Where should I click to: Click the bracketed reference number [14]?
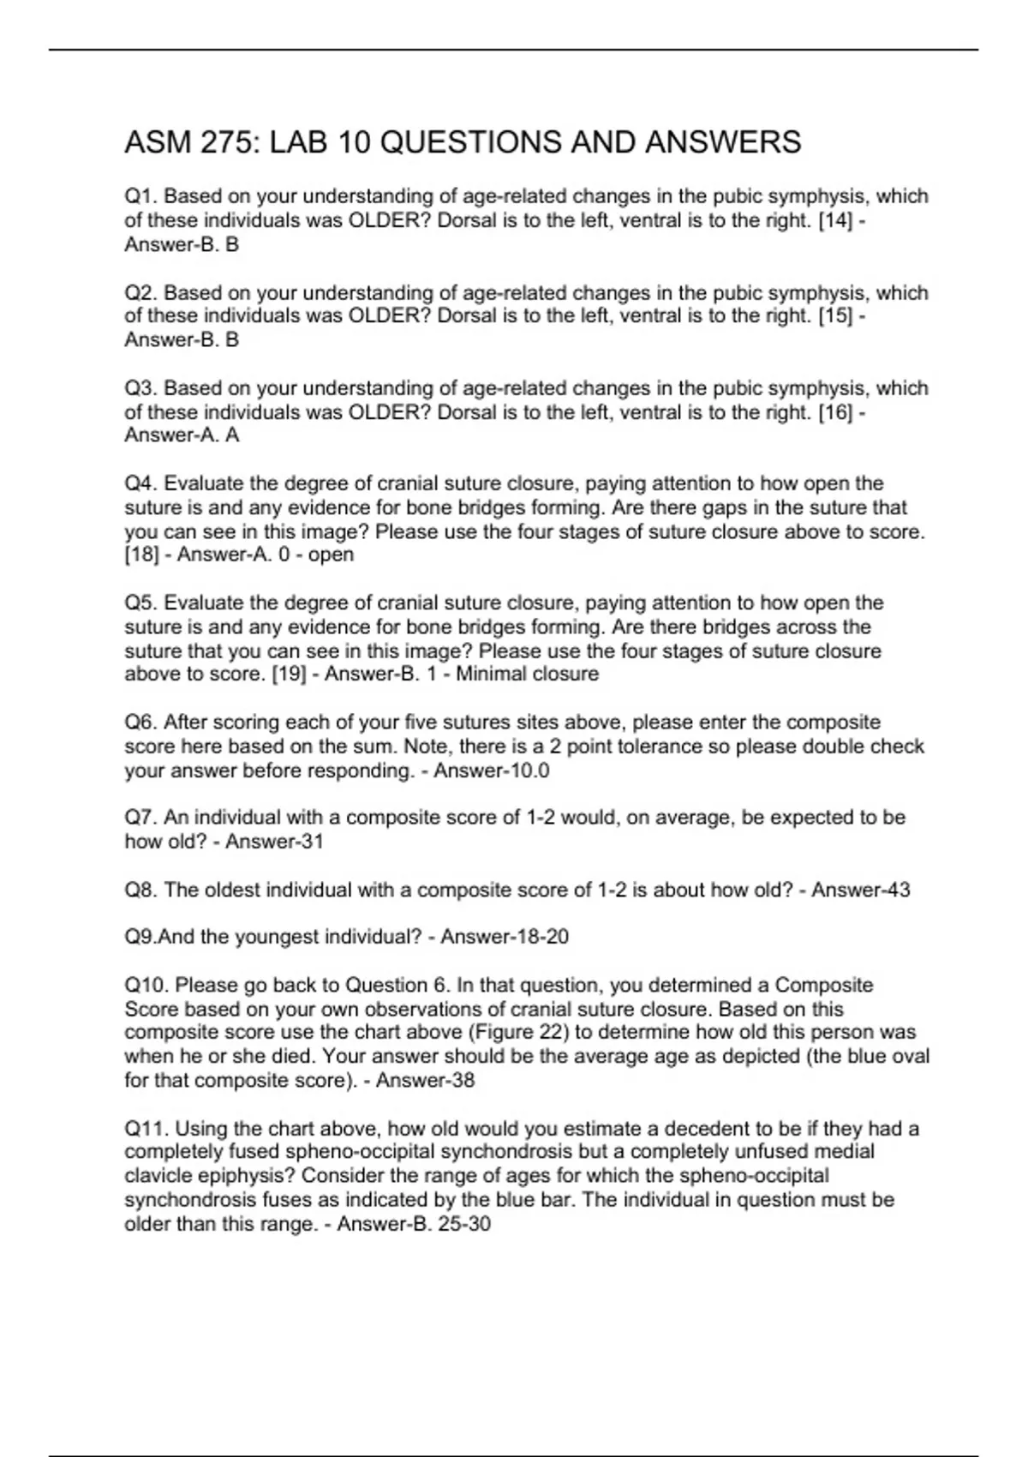(x=835, y=220)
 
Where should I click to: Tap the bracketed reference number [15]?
(x=835, y=316)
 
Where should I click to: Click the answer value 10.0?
(x=529, y=770)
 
